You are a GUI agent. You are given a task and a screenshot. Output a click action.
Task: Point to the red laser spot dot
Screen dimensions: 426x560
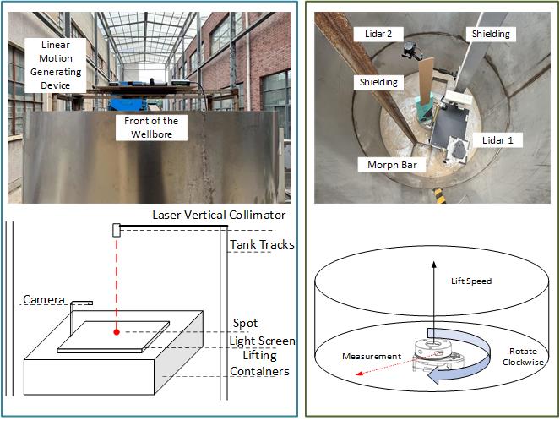click(117, 331)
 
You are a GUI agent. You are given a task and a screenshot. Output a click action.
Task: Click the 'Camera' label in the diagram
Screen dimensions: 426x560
click(44, 299)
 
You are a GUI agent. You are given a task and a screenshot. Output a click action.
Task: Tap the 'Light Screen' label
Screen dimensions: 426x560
click(264, 341)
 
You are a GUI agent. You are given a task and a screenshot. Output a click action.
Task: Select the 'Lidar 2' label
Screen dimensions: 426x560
click(370, 34)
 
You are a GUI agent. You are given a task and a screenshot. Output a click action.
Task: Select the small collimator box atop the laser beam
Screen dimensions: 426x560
click(116, 229)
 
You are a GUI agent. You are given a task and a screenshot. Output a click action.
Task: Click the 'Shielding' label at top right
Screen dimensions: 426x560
click(490, 33)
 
